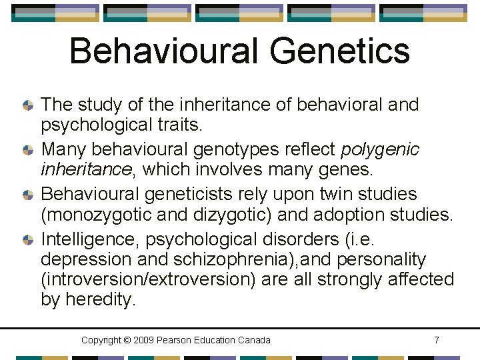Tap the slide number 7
click(x=436, y=340)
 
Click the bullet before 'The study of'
click(x=28, y=105)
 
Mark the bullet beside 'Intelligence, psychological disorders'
click(x=28, y=239)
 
